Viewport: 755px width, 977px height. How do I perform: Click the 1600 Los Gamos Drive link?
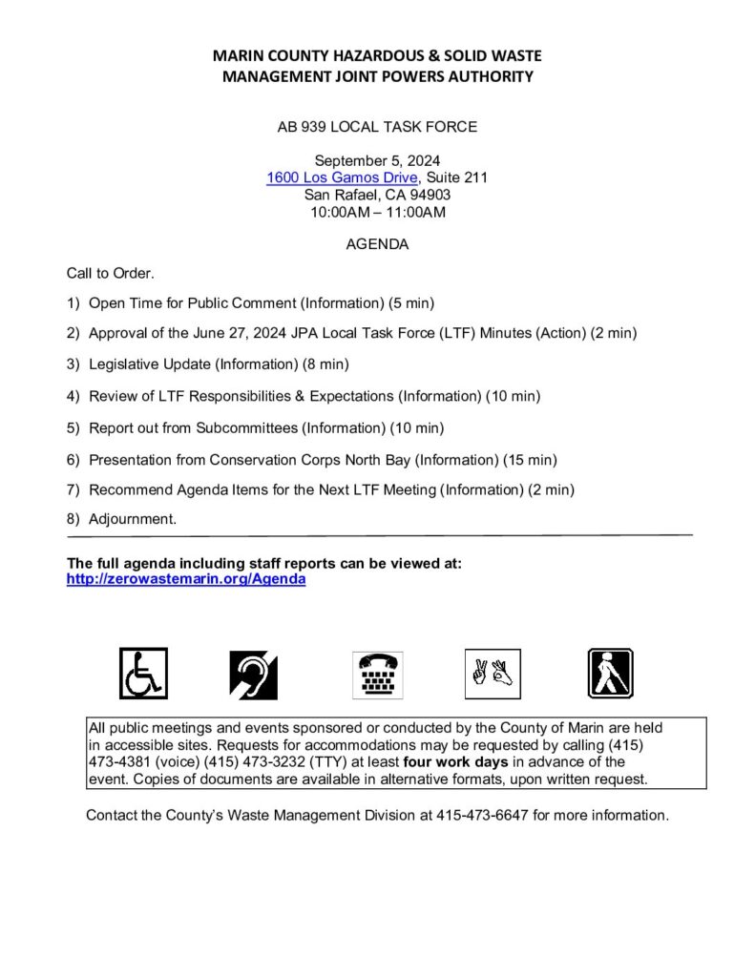click(x=342, y=177)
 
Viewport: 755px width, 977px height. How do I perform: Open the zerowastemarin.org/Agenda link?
click(x=186, y=579)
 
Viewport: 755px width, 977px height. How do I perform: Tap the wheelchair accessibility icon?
click(x=143, y=673)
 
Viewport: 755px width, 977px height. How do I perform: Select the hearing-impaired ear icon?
click(x=253, y=675)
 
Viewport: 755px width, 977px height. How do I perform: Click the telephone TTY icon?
click(x=378, y=675)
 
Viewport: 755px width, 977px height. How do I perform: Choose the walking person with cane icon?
click(x=610, y=673)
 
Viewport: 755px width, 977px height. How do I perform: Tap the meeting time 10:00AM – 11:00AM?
click(x=377, y=212)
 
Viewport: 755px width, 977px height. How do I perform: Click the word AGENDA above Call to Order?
click(x=377, y=244)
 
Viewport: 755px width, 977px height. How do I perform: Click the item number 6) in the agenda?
click(x=73, y=460)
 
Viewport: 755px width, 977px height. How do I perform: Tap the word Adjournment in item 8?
click(x=133, y=520)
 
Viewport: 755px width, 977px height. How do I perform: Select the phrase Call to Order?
click(x=110, y=274)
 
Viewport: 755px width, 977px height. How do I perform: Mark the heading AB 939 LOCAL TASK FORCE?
click(x=377, y=126)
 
